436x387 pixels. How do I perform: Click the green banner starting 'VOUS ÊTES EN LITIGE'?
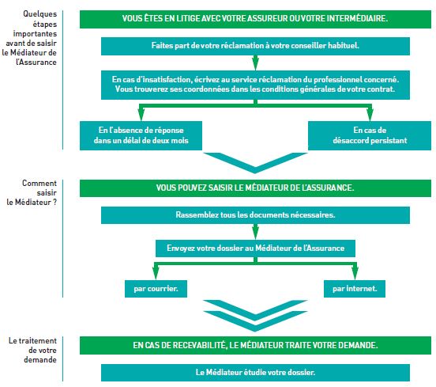tap(255, 19)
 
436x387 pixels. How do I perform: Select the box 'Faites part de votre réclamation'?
tap(255, 46)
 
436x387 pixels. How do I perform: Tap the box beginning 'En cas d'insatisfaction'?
tap(255, 85)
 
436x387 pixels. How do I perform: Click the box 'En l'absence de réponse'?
tap(141, 135)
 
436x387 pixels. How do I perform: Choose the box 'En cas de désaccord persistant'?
tap(370, 135)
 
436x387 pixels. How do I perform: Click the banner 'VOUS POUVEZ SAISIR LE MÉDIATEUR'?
tap(255, 188)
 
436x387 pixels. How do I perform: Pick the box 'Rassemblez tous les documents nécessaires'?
tap(255, 215)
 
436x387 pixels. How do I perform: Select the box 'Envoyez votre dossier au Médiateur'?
tap(255, 249)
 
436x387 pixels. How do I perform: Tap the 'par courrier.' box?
tap(156, 289)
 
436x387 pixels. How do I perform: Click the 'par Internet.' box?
tap(355, 289)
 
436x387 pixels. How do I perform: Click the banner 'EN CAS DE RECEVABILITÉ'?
tap(255, 346)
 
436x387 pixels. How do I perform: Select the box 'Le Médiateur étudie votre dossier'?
tap(255, 373)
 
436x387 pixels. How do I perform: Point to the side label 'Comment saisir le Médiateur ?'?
tap(32, 192)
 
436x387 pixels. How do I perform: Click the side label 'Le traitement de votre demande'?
tap(32, 351)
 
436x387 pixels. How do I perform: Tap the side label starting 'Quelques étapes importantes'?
tap(29, 38)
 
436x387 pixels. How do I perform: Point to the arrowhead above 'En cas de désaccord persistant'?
tap(370, 114)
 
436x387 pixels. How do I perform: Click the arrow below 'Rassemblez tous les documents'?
tap(256, 232)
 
